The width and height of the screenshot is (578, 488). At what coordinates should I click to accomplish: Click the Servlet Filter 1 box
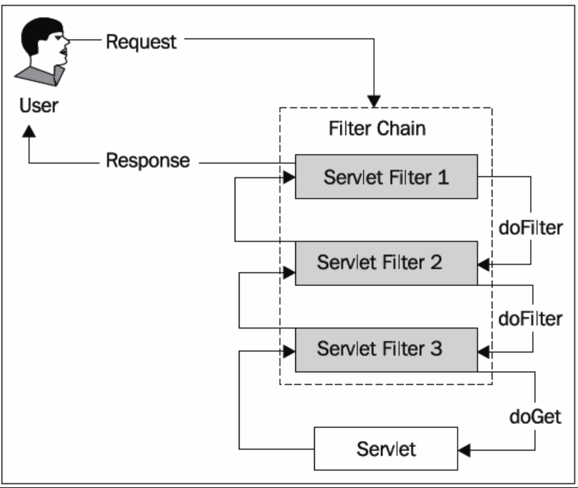[386, 177]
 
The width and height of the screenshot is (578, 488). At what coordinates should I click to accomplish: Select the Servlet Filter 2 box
[386, 263]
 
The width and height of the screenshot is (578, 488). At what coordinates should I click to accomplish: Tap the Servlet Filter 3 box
[386, 349]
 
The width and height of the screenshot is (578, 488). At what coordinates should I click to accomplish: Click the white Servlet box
[386, 448]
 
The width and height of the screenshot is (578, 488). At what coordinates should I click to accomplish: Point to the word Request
[141, 42]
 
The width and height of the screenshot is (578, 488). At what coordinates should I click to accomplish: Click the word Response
[148, 161]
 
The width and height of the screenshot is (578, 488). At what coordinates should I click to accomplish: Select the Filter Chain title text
[377, 128]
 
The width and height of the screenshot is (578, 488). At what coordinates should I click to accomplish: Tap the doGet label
[536, 417]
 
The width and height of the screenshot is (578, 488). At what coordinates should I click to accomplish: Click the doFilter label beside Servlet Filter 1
[531, 228]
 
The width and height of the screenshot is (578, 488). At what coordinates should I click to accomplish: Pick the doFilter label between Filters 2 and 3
[531, 319]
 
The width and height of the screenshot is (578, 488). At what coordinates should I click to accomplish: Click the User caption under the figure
[39, 106]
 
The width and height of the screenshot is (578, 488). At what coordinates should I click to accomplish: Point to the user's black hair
[39, 34]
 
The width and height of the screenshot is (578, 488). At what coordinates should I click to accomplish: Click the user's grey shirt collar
[40, 76]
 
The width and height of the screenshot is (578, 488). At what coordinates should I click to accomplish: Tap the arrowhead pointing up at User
[29, 132]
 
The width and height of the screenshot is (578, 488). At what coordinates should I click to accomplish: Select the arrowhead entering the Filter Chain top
[374, 102]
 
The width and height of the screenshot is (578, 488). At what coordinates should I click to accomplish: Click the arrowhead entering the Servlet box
[464, 450]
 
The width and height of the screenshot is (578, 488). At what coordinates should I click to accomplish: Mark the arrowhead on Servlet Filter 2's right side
[483, 265]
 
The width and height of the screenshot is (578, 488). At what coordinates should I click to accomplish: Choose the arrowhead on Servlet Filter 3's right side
[483, 352]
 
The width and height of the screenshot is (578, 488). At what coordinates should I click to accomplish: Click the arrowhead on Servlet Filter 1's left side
[290, 178]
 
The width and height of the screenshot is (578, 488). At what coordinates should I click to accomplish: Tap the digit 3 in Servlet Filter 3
[437, 348]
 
